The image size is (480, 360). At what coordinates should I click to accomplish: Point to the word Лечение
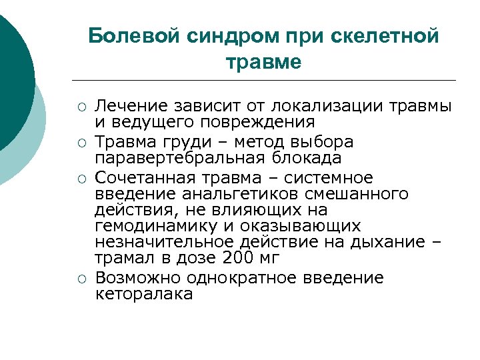[x=129, y=106]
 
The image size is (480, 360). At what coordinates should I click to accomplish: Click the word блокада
[x=303, y=159]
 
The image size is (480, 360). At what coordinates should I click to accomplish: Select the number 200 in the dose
[x=238, y=259]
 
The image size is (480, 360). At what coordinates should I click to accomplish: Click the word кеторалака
[x=144, y=294]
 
